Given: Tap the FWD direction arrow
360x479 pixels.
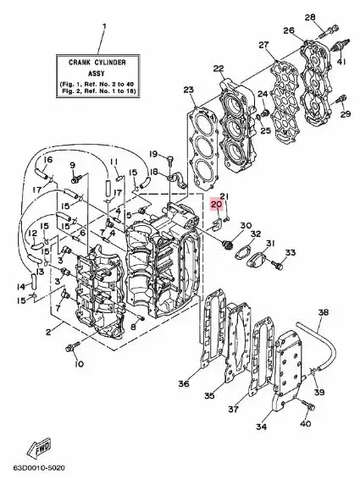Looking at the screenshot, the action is tap(39, 447).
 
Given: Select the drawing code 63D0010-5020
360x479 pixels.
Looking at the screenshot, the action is tap(38, 468).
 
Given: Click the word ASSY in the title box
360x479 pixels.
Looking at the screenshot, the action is tap(96, 74).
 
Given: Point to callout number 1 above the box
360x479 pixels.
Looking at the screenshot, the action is tap(104, 26).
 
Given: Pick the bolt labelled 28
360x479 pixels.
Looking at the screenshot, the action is tap(330, 30).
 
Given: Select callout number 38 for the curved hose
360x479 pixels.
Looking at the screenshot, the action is tap(324, 312).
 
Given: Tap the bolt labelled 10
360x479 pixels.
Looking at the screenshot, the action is tap(72, 347).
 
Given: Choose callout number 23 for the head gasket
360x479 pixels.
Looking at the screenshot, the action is tap(188, 90).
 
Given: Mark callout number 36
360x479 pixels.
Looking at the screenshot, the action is tap(184, 383).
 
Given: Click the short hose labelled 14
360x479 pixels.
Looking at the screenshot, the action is tap(34, 280).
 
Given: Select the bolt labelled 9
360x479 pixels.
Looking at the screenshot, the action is tap(75, 179).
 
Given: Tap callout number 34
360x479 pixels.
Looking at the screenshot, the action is tap(261, 427).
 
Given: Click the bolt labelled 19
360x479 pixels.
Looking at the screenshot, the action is tap(170, 159).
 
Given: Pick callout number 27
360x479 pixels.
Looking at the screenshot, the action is tap(264, 45).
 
